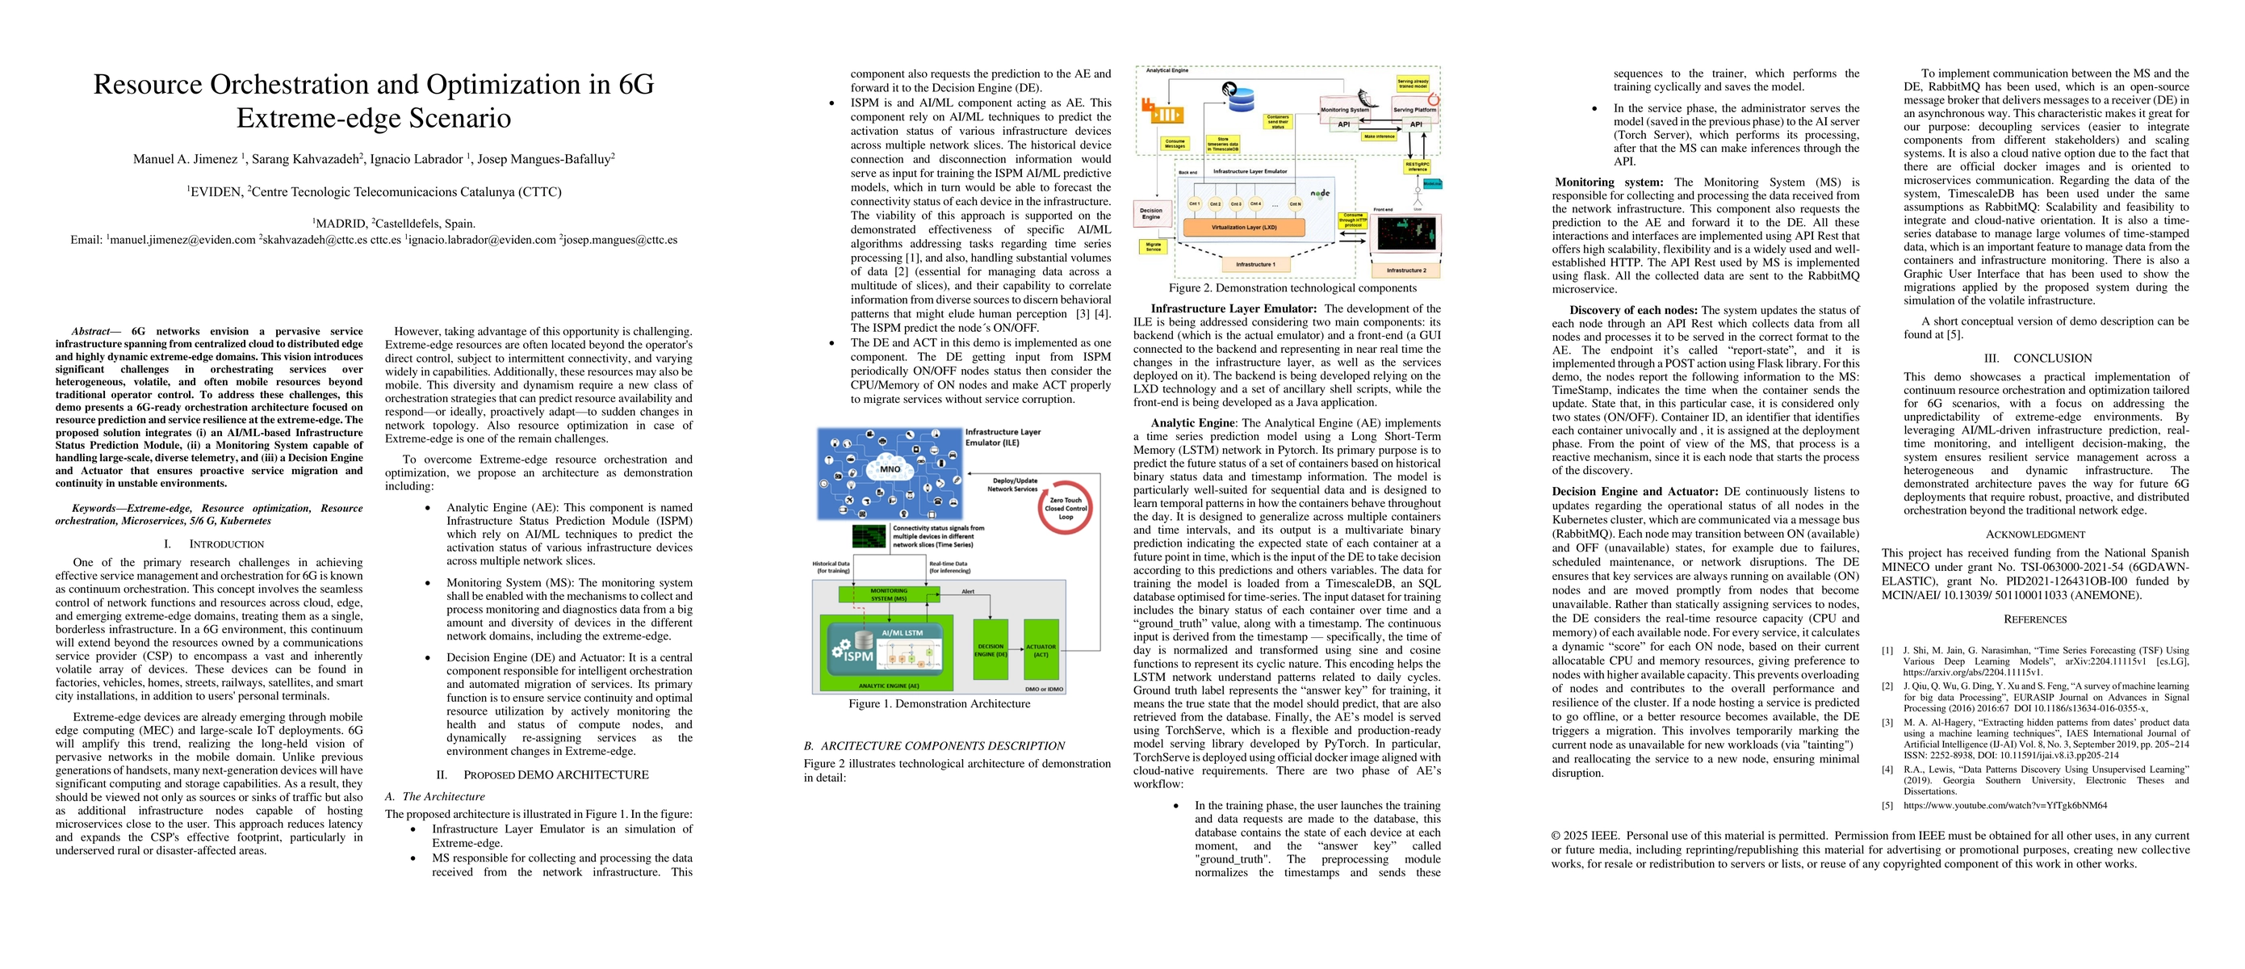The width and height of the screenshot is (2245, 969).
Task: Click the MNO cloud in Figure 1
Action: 890,469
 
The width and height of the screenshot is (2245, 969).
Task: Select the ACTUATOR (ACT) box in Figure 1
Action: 1041,649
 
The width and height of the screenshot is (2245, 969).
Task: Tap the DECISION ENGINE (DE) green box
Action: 991,649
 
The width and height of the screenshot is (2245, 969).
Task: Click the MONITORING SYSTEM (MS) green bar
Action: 889,594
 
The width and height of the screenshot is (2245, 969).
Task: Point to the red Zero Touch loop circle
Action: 1065,508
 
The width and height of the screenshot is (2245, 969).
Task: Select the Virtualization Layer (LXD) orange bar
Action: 1244,228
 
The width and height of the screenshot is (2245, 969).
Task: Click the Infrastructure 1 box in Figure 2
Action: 1256,264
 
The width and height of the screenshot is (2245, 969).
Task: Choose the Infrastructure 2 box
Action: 1405,271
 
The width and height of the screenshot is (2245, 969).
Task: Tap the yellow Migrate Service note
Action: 1153,246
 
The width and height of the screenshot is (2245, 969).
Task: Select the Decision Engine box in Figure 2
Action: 1151,213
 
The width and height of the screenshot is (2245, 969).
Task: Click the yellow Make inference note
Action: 1380,136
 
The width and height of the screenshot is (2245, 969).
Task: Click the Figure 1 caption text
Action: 939,704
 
